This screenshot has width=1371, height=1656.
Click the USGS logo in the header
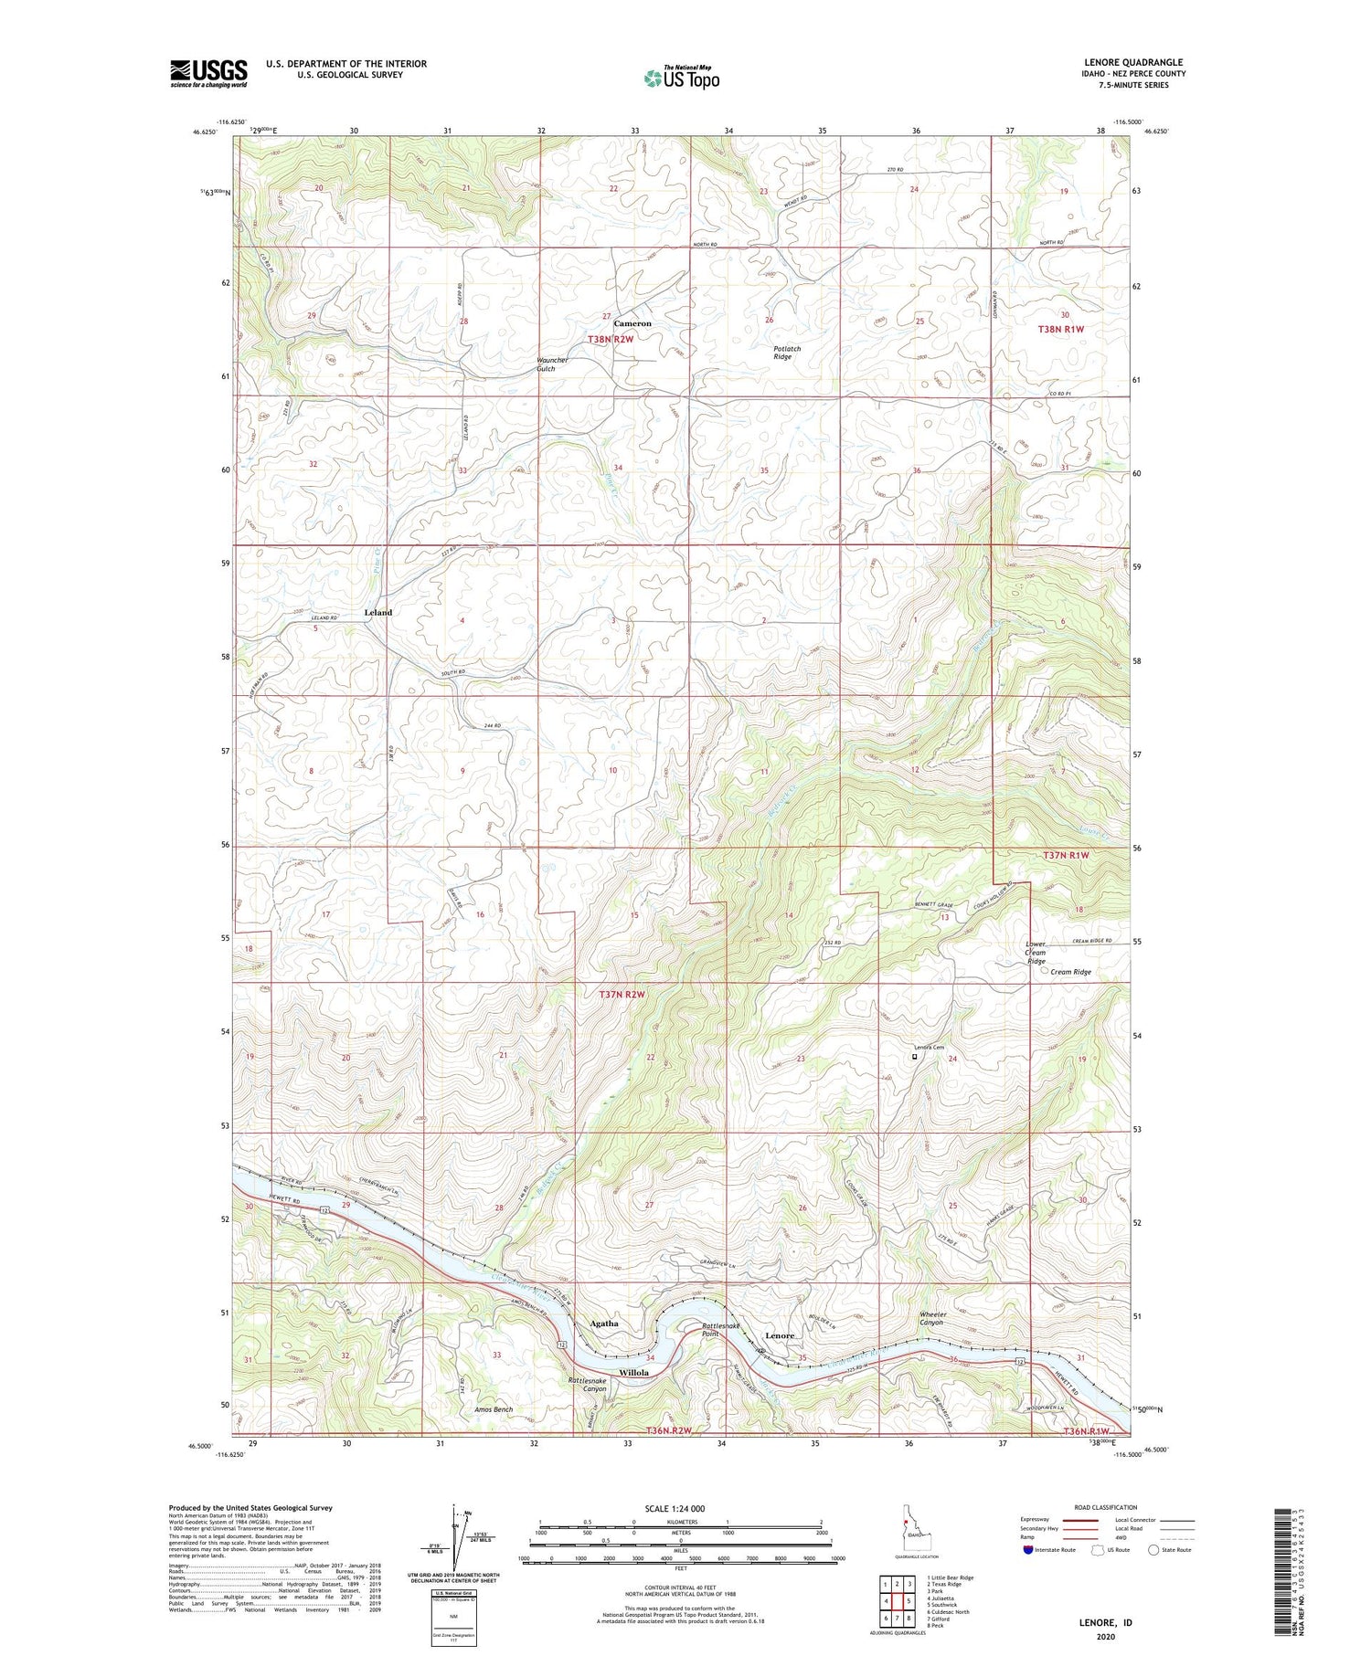(x=208, y=73)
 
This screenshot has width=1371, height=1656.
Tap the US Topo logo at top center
(x=681, y=78)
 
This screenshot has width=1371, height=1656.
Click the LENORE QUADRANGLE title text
(x=1132, y=62)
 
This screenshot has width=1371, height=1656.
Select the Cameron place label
(x=632, y=323)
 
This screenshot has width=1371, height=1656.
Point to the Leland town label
(x=377, y=612)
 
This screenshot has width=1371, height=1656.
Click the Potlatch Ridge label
(x=782, y=353)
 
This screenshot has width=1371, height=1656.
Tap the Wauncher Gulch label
(x=552, y=364)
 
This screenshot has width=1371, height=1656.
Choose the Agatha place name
(x=603, y=1324)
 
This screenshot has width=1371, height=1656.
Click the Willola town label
(x=633, y=1373)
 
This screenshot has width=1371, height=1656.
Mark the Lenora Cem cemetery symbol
(x=915, y=1058)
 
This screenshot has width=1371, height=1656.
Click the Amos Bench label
(x=494, y=1409)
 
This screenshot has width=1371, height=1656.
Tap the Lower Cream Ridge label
(x=1035, y=953)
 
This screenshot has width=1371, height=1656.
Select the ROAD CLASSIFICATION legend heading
(x=1106, y=1507)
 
